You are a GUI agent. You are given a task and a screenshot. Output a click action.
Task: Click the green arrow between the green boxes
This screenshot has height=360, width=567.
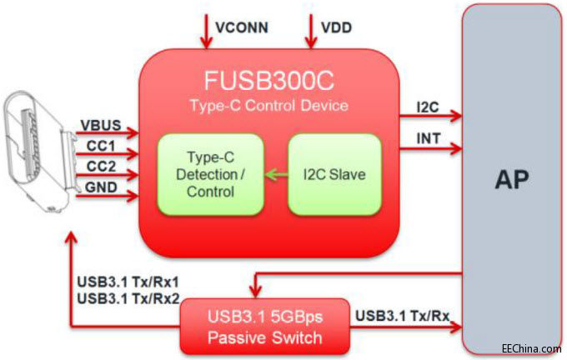pos(270,174)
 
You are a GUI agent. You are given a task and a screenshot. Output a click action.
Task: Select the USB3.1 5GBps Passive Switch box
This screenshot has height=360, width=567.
pos(265,327)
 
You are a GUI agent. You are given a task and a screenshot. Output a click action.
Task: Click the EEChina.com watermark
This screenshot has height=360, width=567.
pos(531,349)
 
